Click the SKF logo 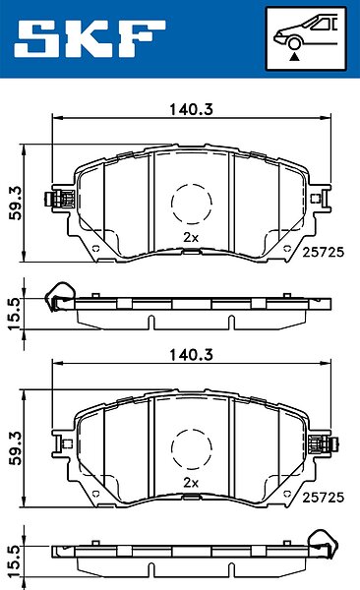coord(90,38)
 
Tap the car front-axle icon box coord(306,38)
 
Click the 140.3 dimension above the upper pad coord(191,109)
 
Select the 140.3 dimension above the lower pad coord(191,355)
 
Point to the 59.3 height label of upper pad coord(17,204)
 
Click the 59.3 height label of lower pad coord(17,448)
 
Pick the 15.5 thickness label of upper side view coord(15,315)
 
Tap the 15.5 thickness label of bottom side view coord(15,560)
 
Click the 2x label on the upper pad coord(191,237)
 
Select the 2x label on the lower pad coord(191,483)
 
